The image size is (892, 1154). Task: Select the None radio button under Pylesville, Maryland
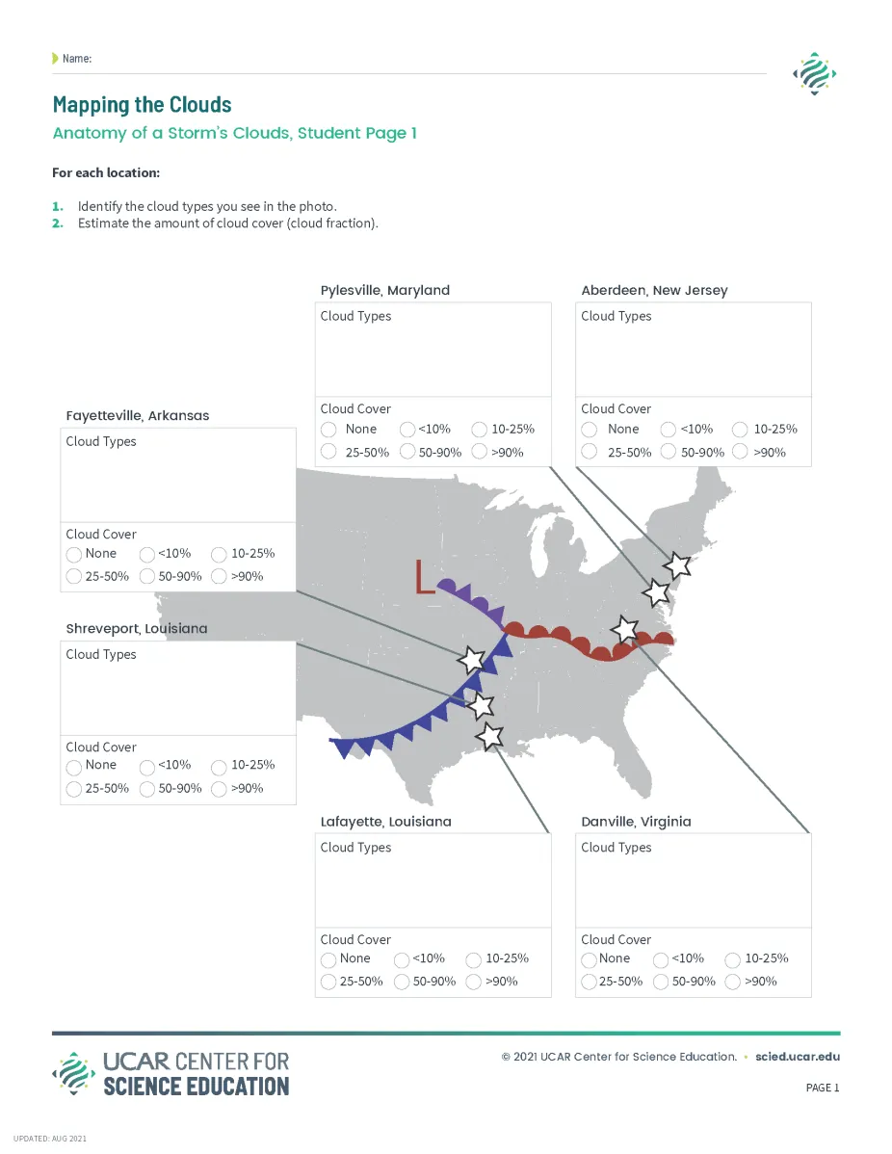pyautogui.click(x=328, y=430)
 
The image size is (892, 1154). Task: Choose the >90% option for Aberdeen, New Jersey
pyautogui.click(x=740, y=452)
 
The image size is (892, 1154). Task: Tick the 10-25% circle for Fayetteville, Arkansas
pyautogui.click(x=219, y=554)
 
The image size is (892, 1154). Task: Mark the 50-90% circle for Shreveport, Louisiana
pyautogui.click(x=147, y=789)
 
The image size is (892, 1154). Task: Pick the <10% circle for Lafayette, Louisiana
pyautogui.click(x=402, y=959)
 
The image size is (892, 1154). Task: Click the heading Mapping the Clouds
pyautogui.click(x=142, y=104)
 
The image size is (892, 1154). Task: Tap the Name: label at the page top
pyautogui.click(x=76, y=59)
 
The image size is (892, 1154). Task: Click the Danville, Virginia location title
pyautogui.click(x=636, y=822)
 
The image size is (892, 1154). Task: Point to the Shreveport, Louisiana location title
pyautogui.click(x=136, y=628)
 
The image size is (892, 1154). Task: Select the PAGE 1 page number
pyautogui.click(x=822, y=1088)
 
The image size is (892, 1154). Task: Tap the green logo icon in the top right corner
pyautogui.click(x=813, y=74)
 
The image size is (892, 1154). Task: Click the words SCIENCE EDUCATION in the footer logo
pyautogui.click(x=196, y=1086)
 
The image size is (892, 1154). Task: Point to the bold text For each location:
pyautogui.click(x=106, y=173)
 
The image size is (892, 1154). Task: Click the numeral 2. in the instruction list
pyautogui.click(x=58, y=223)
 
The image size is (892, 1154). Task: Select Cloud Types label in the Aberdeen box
pyautogui.click(x=616, y=316)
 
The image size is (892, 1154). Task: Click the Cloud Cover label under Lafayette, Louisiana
pyautogui.click(x=355, y=939)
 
